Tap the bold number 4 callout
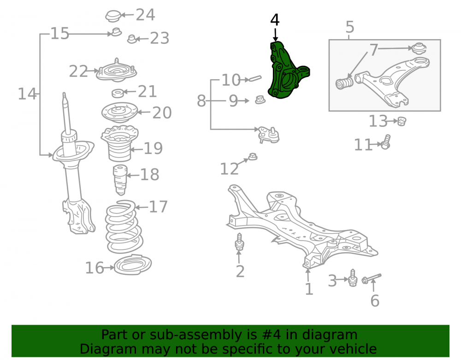click(x=275, y=20)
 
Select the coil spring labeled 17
click(x=124, y=227)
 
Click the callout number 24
click(x=145, y=15)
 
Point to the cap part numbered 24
click(x=113, y=16)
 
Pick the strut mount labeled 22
click(x=117, y=71)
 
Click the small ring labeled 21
click(x=118, y=94)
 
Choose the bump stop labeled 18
click(x=120, y=180)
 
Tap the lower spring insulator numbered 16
click(x=133, y=265)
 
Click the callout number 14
click(x=27, y=94)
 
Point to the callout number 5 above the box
click(x=350, y=27)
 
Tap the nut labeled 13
click(x=402, y=121)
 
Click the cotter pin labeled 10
click(x=255, y=78)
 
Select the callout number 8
click(x=201, y=101)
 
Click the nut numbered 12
click(x=253, y=157)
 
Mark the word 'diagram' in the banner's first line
click(x=330, y=335)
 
